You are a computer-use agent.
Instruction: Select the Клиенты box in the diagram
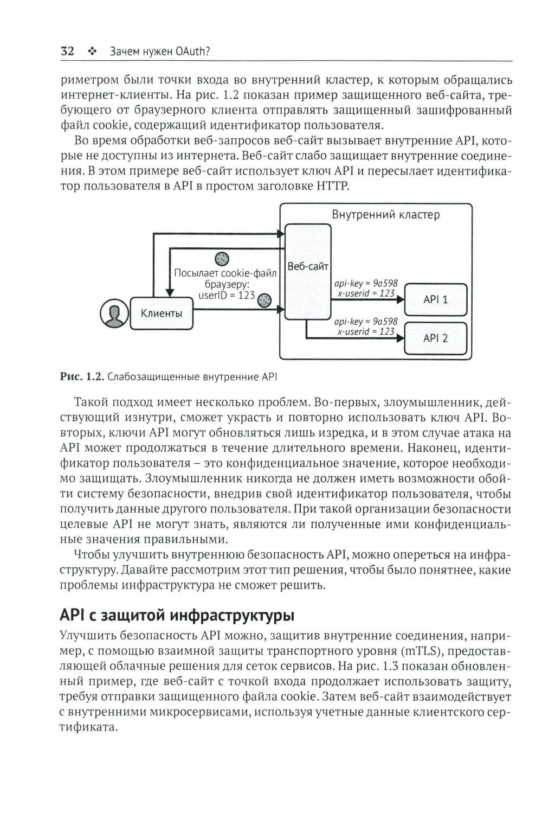tap(162, 313)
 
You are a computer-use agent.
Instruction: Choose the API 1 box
tap(435, 299)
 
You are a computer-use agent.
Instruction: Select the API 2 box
tap(435, 338)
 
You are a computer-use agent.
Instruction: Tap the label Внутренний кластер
tap(385, 215)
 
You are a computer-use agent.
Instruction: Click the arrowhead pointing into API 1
tap(401, 299)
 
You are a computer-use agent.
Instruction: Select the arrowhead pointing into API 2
tap(401, 338)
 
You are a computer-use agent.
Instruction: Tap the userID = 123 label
tap(227, 296)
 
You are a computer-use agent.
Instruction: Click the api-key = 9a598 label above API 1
tap(366, 283)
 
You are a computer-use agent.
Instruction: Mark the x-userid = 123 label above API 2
tap(366, 331)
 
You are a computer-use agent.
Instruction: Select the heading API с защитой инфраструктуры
tap(177, 616)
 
